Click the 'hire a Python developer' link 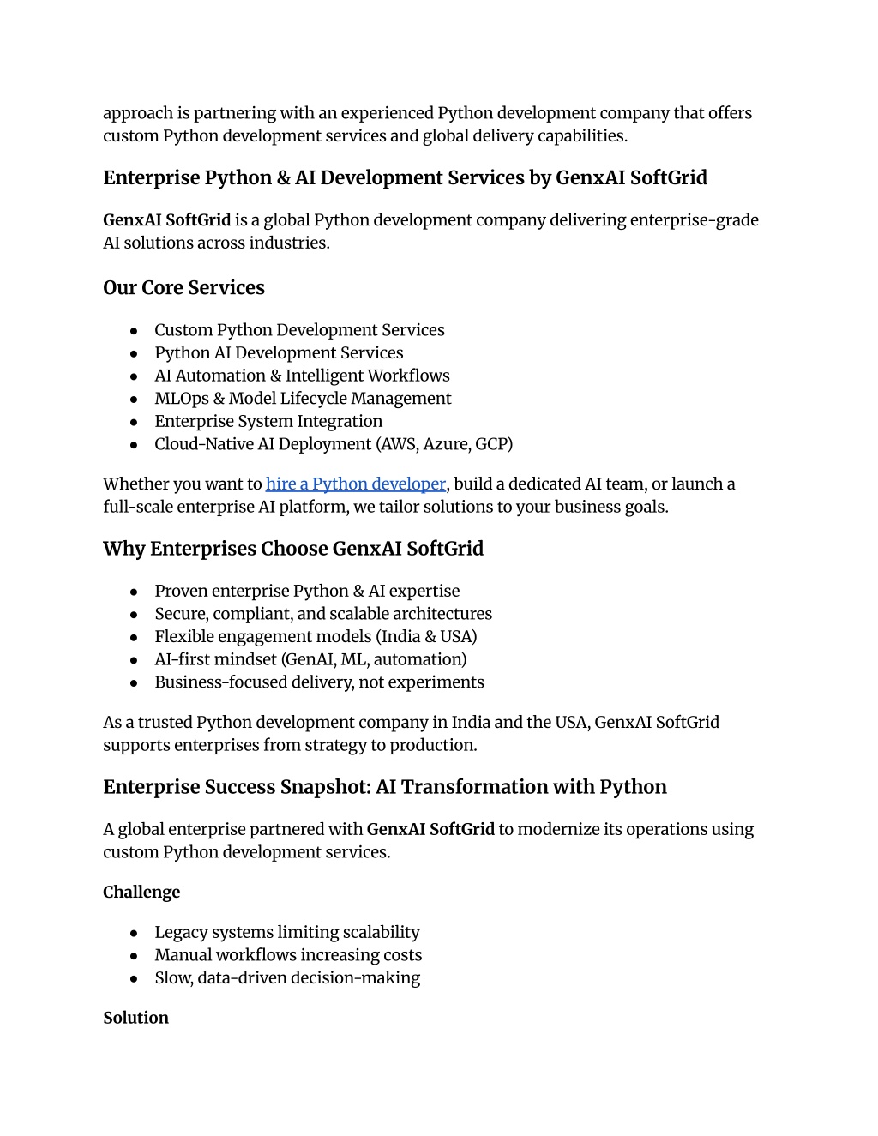pyautogui.click(x=355, y=484)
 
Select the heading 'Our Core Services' pyautogui.click(x=183, y=288)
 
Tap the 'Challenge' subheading pyautogui.click(x=141, y=893)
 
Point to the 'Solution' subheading pyautogui.click(x=135, y=1019)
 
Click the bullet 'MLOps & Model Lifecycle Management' pyautogui.click(x=303, y=399)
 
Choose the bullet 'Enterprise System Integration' pyautogui.click(x=268, y=422)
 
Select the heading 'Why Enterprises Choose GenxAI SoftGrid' pyautogui.click(x=293, y=549)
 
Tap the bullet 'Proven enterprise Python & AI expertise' pyautogui.click(x=307, y=592)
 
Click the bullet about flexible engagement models pyautogui.click(x=316, y=637)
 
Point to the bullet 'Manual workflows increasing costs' pyautogui.click(x=288, y=955)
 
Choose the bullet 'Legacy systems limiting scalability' pyautogui.click(x=287, y=933)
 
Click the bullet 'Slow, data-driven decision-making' pyautogui.click(x=287, y=978)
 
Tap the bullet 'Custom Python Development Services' pyautogui.click(x=299, y=331)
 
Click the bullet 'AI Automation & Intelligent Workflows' pyautogui.click(x=302, y=376)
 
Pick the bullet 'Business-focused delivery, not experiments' pyautogui.click(x=319, y=682)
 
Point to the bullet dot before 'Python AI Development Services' pyautogui.click(x=134, y=354)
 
